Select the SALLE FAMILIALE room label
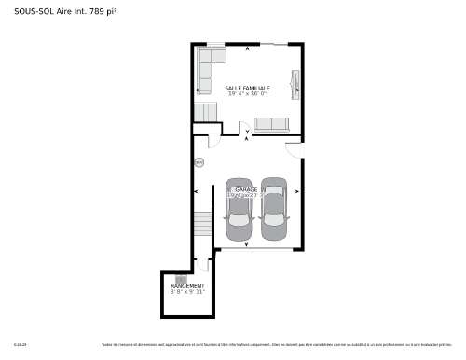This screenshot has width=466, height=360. (247, 88)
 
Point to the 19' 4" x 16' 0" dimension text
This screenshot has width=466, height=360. (247, 94)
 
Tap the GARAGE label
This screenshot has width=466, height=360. (246, 189)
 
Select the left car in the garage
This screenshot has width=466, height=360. (239, 203)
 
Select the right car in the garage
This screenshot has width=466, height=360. (273, 203)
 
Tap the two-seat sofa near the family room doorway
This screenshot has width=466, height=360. (272, 125)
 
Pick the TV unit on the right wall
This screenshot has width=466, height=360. (296, 83)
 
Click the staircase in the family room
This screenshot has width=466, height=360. (206, 113)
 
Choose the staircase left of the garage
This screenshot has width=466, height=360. (203, 225)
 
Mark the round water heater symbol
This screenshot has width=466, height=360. (199, 163)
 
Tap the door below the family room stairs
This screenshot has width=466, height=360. (213, 140)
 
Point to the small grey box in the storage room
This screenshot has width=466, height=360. (181, 279)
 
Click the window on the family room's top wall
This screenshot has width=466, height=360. (215, 43)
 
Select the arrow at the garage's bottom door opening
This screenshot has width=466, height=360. (246, 244)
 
